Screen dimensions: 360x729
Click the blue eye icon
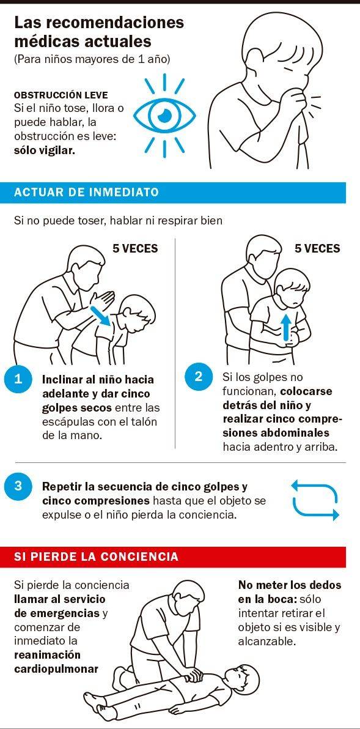coord(164,116)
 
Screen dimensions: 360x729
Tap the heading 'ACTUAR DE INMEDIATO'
coord(86,192)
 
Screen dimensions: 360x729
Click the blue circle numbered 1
coord(18,379)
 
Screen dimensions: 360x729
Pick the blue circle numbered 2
coord(199,376)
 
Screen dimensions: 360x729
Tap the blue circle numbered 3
coord(18,486)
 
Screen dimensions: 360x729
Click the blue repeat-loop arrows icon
coord(315,500)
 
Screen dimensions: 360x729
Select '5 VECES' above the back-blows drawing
coord(135,248)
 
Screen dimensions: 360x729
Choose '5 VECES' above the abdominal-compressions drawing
coord(317,248)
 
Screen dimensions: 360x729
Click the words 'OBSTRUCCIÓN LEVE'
coord(61,95)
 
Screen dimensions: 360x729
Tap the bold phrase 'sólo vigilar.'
coord(44,151)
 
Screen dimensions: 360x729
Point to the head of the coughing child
coord(284,46)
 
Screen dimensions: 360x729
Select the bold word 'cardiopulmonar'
coord(56,669)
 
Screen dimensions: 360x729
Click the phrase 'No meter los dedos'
coord(290,585)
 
